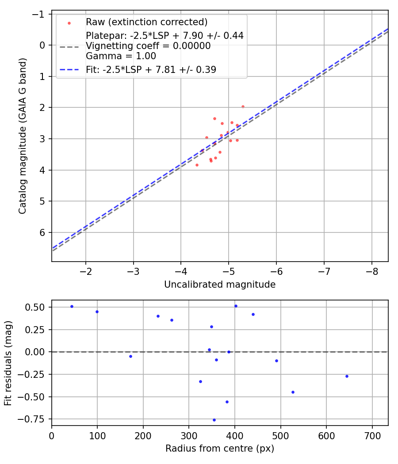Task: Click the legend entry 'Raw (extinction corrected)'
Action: point(146,22)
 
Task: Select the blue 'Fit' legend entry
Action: point(151,69)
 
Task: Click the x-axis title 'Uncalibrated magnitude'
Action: point(220,285)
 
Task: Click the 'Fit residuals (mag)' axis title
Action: point(8,363)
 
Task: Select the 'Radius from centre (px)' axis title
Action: point(220,449)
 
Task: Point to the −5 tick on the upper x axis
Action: point(229,270)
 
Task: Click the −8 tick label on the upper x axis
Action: point(371,270)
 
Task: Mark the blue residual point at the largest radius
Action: point(347,376)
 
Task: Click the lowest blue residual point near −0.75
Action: point(214,420)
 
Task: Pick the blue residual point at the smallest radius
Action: point(72,306)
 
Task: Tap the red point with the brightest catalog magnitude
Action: point(243,106)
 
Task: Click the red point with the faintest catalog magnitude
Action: point(197,165)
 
